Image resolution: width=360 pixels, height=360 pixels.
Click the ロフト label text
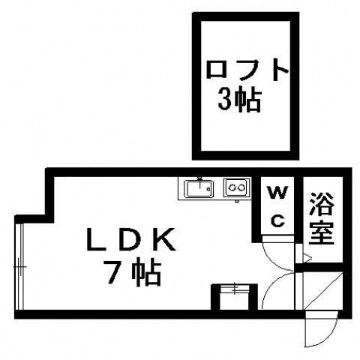pos(247,70)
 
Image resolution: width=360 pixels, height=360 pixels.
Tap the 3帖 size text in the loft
pos(239,99)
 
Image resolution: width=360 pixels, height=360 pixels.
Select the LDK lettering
pos(130,239)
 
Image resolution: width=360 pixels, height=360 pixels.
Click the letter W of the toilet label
pos(277,192)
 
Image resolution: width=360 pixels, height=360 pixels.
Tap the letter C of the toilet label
pos(278,220)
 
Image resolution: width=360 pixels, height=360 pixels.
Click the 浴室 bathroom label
pos(322,217)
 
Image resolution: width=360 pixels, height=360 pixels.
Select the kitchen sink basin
pos(199,189)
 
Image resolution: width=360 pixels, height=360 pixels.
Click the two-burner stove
pos(237,187)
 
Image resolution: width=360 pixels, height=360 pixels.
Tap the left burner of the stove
pos(232,187)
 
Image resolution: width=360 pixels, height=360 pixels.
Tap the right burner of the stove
pos(241,187)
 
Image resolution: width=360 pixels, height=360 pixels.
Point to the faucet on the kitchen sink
pos(199,182)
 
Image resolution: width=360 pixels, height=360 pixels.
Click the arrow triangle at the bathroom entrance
pos(307,258)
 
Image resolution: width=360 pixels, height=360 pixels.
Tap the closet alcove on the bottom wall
pos(234,297)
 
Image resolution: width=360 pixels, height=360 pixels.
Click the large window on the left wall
pos(19,266)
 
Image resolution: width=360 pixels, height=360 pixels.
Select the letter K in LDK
pos(163,239)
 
